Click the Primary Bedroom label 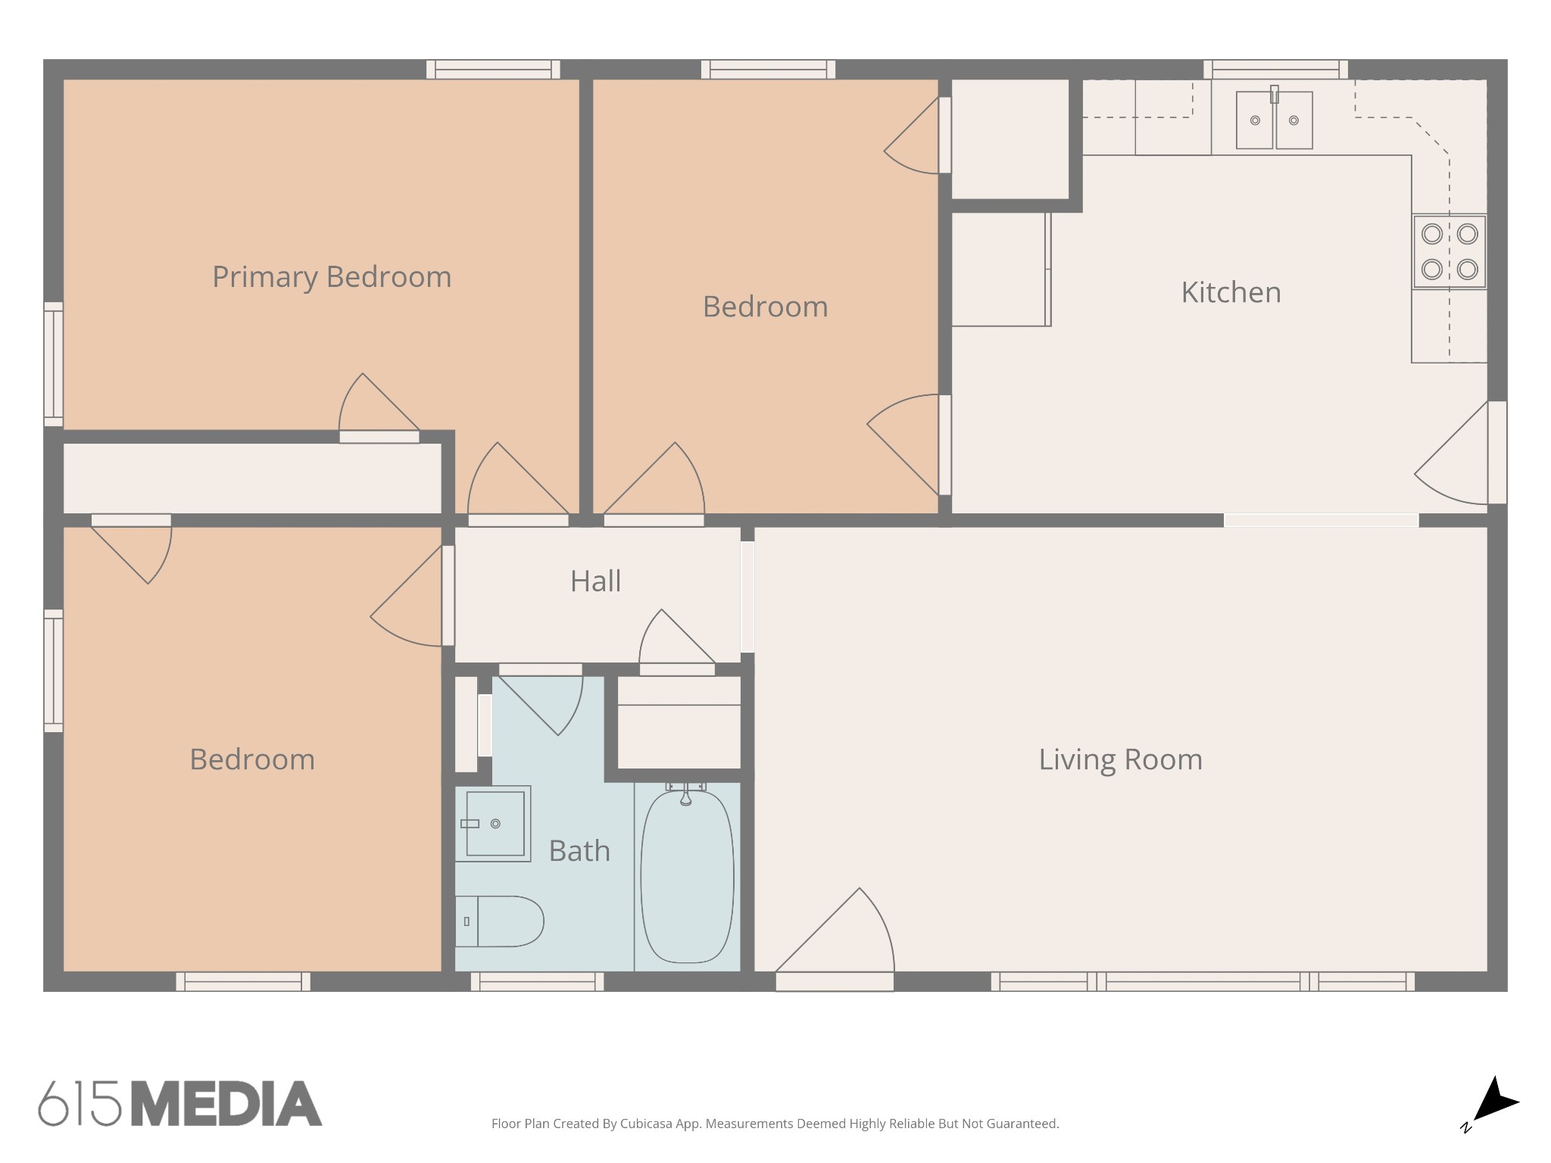point(332,277)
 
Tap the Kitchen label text point(1231,292)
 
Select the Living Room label point(1120,759)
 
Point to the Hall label point(595,581)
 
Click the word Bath point(579,851)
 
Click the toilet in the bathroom point(499,921)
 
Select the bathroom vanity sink point(493,824)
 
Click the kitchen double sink point(1275,120)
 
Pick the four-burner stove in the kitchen point(1450,251)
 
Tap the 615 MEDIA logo point(180,1103)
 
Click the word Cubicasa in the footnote point(646,1124)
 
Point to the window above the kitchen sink point(1276,70)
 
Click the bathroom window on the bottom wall point(538,982)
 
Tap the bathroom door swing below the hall point(541,700)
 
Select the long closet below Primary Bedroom point(252,479)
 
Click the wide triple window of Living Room point(1203,982)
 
